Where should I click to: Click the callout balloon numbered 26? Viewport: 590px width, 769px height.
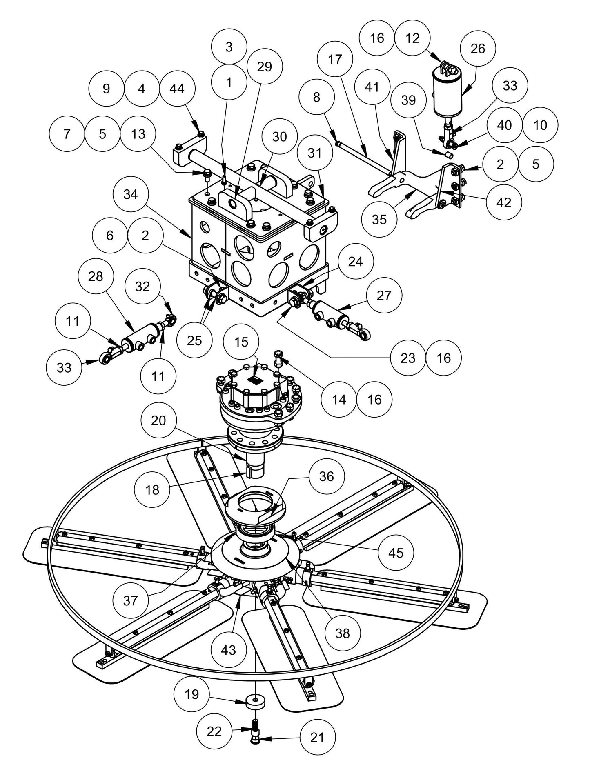point(478,49)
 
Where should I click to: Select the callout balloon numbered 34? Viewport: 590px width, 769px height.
point(131,195)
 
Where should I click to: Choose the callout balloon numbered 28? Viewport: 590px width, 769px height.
point(96,276)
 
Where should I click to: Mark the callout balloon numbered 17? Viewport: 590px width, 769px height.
point(335,60)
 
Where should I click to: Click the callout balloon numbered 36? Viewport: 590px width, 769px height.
point(326,476)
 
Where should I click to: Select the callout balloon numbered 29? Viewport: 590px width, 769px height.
point(265,67)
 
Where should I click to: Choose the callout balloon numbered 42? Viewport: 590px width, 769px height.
point(504,202)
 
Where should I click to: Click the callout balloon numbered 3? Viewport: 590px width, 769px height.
point(229,47)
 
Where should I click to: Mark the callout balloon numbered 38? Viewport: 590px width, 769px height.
point(343,633)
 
